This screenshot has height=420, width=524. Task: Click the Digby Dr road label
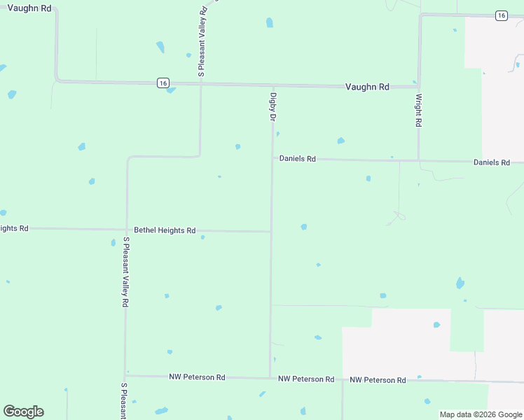[x=273, y=107]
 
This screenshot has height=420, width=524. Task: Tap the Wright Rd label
[x=419, y=110]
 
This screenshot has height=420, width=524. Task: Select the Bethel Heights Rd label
[x=165, y=230]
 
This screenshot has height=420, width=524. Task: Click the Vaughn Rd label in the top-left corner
[x=29, y=8]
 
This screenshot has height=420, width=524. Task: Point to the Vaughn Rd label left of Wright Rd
[x=367, y=87]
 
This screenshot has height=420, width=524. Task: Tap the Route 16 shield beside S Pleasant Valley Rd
[x=163, y=83]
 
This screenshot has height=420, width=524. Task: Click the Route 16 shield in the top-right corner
[x=500, y=15]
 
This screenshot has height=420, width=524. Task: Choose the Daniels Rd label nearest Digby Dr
[x=298, y=159]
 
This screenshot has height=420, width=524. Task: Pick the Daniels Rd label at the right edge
[x=492, y=162]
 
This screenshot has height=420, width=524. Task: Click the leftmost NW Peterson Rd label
[x=197, y=377]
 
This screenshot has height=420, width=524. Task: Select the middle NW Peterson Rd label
[x=306, y=379]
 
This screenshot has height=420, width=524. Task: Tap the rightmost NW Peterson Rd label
[x=378, y=380]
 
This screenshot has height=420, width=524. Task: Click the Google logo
[x=23, y=412]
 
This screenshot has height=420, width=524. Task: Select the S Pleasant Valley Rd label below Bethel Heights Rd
[x=125, y=272]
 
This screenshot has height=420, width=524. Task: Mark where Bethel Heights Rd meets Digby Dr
[x=271, y=231]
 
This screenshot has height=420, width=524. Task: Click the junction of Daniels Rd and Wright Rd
[x=419, y=160]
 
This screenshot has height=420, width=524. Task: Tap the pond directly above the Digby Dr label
[x=270, y=22]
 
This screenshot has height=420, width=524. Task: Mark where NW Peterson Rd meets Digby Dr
[x=270, y=379]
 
